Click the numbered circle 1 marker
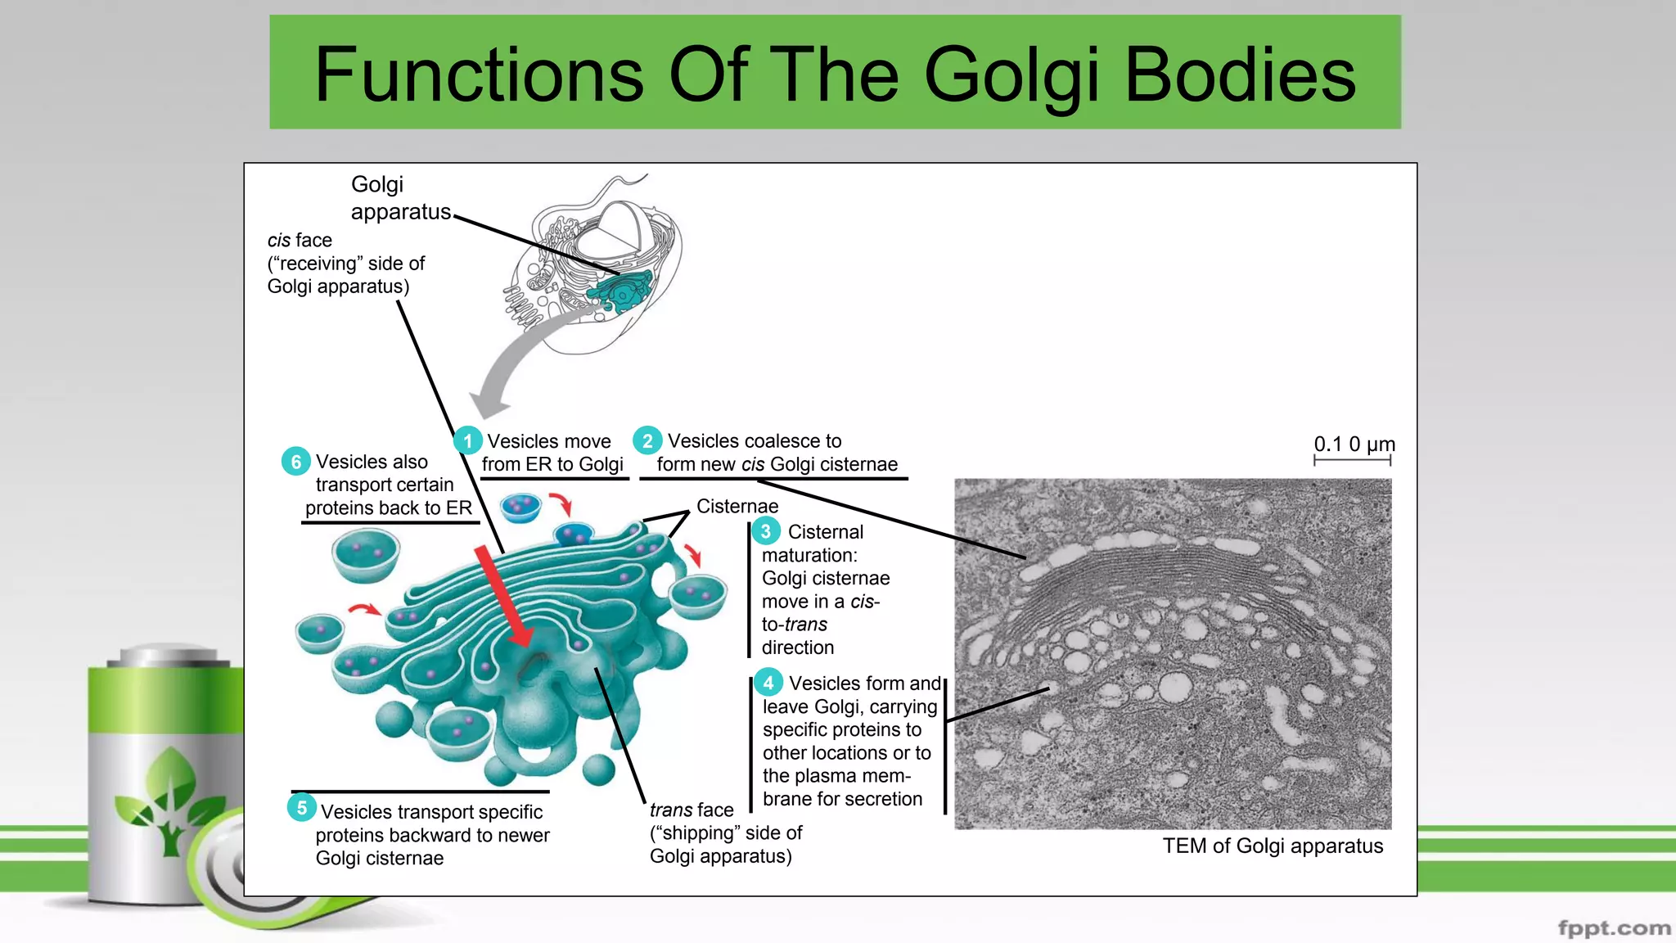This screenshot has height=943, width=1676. tap(467, 441)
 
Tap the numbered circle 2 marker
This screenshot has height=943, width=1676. tap(647, 440)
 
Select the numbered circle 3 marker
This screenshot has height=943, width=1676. tap(766, 531)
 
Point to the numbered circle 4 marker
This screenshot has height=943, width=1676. tap(768, 683)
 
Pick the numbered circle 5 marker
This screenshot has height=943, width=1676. tap(301, 808)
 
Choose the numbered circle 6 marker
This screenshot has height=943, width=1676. tap(295, 462)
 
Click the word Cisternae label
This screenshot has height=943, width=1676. tap(737, 506)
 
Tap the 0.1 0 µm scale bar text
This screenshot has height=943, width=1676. tap(1354, 444)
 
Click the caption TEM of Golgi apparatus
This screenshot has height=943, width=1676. tap(1273, 846)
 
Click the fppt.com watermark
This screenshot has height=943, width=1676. tap(1614, 927)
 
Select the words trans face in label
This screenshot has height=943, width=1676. tap(691, 810)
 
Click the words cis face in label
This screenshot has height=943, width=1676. tap(300, 240)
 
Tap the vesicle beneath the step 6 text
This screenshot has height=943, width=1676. tap(366, 554)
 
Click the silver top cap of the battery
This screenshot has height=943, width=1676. tap(168, 655)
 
